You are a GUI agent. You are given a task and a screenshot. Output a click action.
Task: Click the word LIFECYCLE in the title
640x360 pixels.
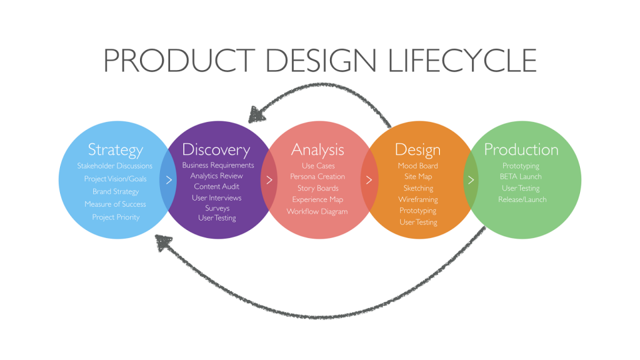coord(462,61)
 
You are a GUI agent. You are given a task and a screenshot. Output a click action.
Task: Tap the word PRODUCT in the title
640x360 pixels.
coord(179,61)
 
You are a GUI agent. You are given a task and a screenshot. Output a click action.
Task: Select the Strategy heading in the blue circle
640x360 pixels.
coord(116,150)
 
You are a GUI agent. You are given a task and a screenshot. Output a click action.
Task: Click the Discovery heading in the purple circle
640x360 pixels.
coord(216,150)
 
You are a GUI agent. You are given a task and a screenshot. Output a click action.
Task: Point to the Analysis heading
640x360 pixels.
coord(317,150)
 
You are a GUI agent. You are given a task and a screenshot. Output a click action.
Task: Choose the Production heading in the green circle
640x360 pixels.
coord(521,149)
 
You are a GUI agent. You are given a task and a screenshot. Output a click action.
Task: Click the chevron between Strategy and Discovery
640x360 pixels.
coord(169,179)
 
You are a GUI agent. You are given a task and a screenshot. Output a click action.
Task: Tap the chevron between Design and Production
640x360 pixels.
coord(471,179)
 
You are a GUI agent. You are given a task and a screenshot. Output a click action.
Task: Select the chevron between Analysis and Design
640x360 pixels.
coord(369,179)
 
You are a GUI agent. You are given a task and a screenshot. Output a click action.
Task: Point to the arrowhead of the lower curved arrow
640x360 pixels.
coord(164,242)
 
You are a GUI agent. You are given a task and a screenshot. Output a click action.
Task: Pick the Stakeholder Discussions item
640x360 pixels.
coord(115,166)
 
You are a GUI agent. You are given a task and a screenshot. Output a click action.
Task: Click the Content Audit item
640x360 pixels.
coord(216,186)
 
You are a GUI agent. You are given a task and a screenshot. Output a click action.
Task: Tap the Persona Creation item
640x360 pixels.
coord(317,177)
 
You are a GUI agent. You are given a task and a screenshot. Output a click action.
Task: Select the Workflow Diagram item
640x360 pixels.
coord(317,211)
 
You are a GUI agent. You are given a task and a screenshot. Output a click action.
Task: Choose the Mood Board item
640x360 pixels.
coord(418,166)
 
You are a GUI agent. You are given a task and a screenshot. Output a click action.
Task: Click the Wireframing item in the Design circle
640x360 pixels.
coord(418,199)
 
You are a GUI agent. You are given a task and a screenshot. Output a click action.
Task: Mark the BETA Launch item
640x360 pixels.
coord(521,177)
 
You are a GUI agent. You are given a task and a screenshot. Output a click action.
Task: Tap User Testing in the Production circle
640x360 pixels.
coord(521,188)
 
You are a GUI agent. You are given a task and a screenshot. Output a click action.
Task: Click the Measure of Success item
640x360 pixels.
coord(115,204)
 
